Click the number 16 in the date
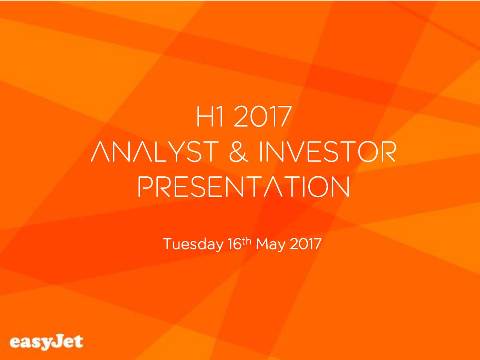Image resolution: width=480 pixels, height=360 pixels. pos(234,245)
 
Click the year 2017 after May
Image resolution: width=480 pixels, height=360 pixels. pos(305,245)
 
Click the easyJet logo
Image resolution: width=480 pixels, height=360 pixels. pos(46,342)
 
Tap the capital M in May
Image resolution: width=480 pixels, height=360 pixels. pos(263,245)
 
